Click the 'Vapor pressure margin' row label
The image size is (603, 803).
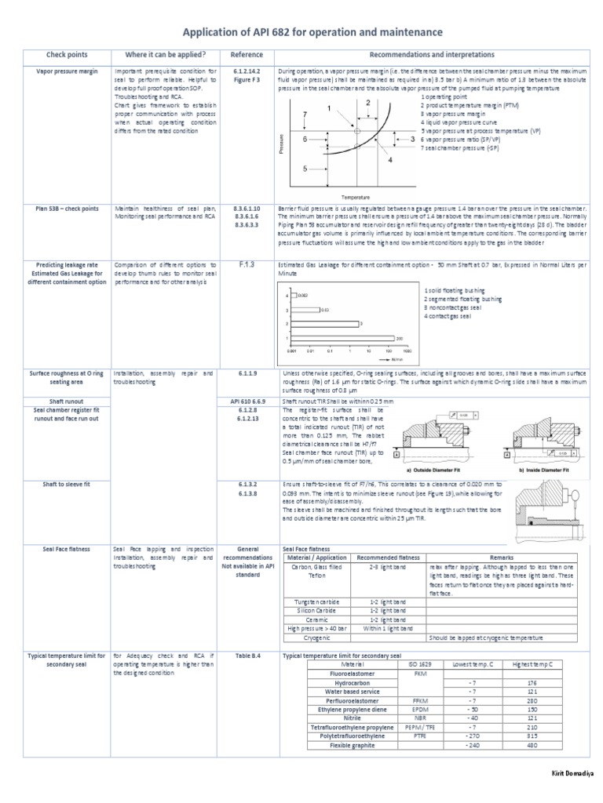tap(68, 71)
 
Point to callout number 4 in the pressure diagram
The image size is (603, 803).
tap(389, 160)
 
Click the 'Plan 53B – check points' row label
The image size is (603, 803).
tap(68, 209)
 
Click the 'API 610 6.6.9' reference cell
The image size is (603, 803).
tap(246, 401)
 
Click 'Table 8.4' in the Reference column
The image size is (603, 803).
tap(246, 655)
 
